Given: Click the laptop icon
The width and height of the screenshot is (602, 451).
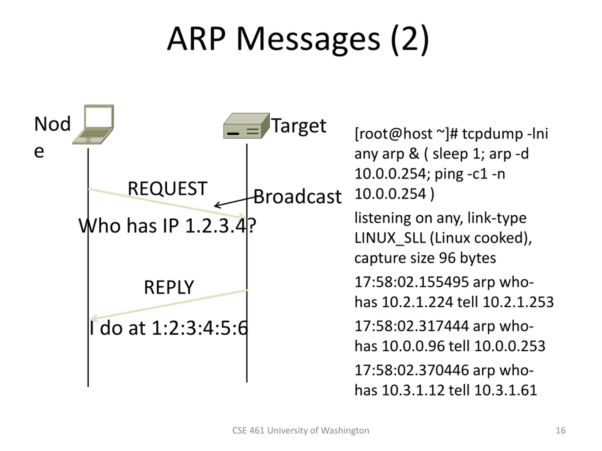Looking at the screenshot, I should point(93,124).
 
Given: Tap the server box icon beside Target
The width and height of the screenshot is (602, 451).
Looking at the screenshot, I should point(246,126).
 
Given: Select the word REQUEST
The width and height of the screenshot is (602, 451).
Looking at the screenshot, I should point(167,188).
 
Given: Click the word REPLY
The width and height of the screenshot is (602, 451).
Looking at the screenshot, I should point(169,287).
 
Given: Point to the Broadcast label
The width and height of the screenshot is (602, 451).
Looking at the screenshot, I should point(297,197).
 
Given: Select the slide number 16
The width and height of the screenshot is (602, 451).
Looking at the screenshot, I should point(560,430).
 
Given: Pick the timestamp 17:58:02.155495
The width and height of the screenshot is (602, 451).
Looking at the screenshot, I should point(411,282).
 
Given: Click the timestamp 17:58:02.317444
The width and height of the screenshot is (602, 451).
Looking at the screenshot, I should point(411,326).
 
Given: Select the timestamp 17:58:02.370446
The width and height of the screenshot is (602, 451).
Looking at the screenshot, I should point(411,370).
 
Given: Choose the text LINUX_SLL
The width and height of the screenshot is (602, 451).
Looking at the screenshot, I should point(390,238).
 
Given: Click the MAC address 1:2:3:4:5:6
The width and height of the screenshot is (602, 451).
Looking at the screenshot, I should point(199,328).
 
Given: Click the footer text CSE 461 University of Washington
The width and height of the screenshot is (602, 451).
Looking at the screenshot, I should point(301,430).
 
